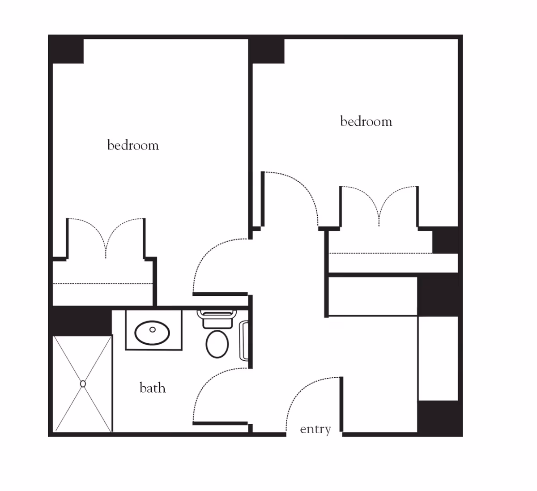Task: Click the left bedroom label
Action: click(133, 145)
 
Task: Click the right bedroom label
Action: click(366, 121)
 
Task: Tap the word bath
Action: click(153, 388)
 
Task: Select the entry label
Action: click(315, 429)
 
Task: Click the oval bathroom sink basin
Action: click(152, 333)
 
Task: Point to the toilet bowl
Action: click(217, 344)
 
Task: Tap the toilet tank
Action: click(217, 319)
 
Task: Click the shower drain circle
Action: click(83, 384)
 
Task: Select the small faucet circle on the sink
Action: click(153, 329)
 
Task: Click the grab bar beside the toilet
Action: click(244, 341)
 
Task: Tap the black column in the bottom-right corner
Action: click(439, 418)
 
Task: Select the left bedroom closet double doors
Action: click(106, 239)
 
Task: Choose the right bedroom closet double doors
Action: click(379, 206)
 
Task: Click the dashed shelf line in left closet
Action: click(102, 283)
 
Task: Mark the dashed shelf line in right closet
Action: click(380, 253)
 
